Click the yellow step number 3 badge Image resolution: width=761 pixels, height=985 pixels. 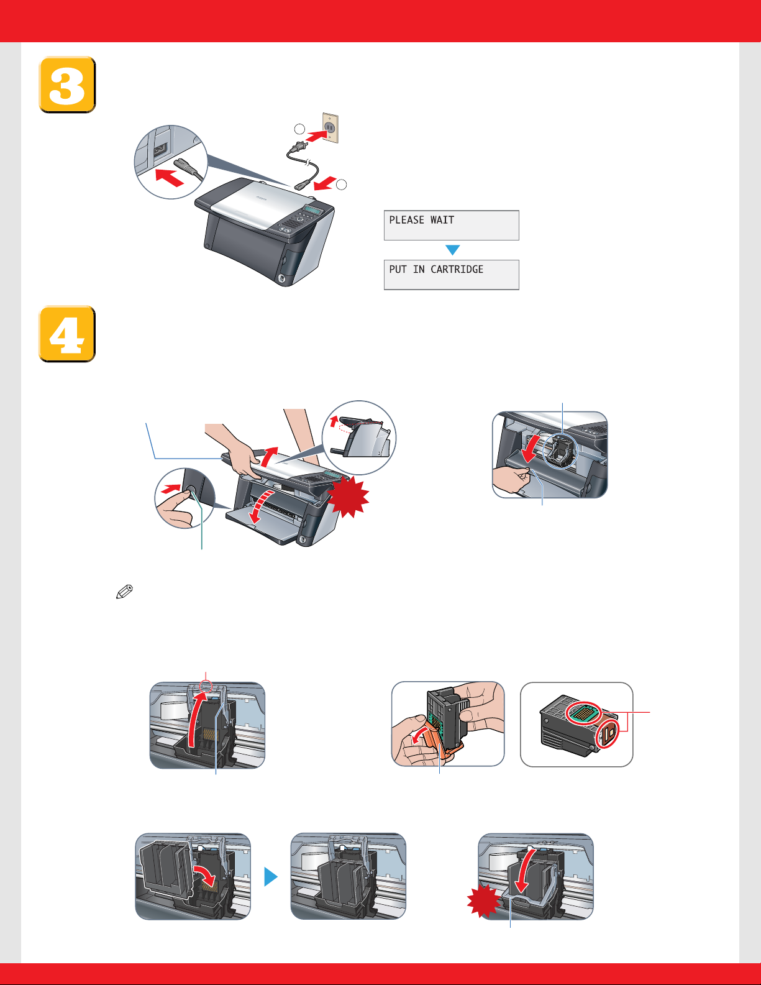coord(67,85)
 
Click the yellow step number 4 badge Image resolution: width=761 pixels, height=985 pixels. coord(67,334)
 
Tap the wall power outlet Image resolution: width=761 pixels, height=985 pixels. coord(330,128)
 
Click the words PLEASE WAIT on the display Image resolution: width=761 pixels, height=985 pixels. coord(421,220)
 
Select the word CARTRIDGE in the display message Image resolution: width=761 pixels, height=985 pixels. coord(457,269)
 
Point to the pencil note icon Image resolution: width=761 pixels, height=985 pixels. coord(125,592)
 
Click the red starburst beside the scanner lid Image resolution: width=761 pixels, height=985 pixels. coord(348,497)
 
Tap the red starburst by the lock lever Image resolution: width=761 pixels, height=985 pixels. coord(484,900)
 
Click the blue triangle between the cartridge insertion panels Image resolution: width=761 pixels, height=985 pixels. coord(270,877)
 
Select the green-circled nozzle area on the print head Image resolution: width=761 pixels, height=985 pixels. coord(583,713)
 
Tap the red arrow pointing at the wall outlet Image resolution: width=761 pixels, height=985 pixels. coord(316,135)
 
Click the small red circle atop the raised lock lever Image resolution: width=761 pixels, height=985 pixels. coord(206,686)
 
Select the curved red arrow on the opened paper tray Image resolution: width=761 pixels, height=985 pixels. coord(262,506)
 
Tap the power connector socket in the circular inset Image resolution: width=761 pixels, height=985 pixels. coord(161,150)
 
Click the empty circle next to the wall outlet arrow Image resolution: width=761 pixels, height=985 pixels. coord(299,129)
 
